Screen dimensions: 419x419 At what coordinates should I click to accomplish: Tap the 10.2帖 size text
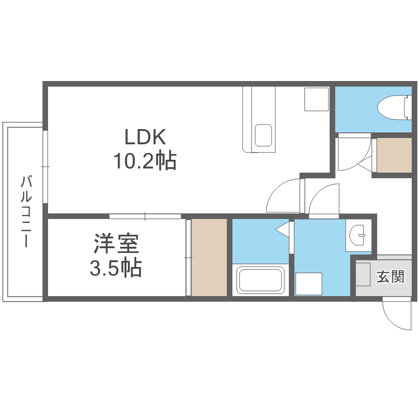tap(145, 161)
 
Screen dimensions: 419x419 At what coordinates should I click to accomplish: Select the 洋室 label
tap(116, 245)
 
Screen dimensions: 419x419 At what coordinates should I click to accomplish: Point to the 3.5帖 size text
tap(116, 269)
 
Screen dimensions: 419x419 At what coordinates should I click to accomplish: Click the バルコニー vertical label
tap(25, 212)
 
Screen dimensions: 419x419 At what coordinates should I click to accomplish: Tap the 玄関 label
tap(390, 277)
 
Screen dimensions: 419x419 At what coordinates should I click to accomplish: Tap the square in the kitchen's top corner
tap(316, 99)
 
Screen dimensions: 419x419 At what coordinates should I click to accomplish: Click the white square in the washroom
tap(309, 283)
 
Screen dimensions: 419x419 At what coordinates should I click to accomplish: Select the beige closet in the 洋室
tap(209, 258)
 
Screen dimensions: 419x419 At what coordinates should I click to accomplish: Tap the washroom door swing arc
tap(323, 199)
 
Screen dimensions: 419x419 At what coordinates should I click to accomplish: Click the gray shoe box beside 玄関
tap(363, 275)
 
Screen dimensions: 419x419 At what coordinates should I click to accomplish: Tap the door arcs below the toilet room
tap(355, 153)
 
